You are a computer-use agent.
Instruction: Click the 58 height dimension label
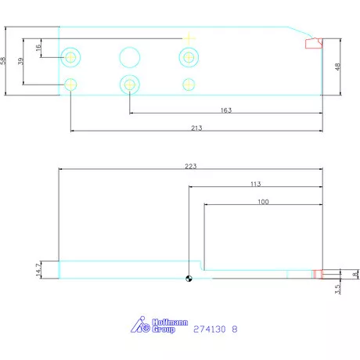pos(4,61)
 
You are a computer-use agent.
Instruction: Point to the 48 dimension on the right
pos(338,67)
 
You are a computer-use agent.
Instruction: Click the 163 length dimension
pos(225,110)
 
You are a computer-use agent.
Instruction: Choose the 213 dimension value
pos(196,128)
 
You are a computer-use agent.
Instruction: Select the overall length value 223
pos(190,165)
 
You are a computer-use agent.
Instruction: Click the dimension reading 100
pos(263,202)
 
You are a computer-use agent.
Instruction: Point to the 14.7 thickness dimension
pos(38,269)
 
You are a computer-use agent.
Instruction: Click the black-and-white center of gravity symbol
pos(188,276)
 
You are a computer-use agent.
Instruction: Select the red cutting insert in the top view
pos(313,44)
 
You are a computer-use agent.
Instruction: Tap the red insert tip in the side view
pos(318,274)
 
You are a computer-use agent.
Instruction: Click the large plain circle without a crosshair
pos(129,56)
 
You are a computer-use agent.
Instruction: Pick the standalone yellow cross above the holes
pos(188,38)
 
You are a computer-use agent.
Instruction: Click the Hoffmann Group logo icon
pos(143,325)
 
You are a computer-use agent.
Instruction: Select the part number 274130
pos(210,329)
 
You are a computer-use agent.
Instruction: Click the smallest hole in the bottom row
pos(188,84)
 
